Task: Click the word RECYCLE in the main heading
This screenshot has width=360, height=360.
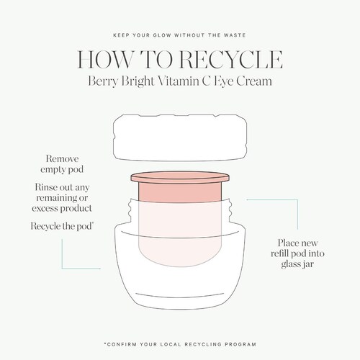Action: (x=231, y=59)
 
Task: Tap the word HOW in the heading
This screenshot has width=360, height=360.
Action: (x=104, y=59)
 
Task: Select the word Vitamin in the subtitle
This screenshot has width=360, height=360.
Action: (x=178, y=81)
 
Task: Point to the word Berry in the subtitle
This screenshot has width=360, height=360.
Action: (x=103, y=81)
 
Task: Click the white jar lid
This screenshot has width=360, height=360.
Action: (x=180, y=138)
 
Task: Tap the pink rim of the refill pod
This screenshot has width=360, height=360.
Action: (x=180, y=177)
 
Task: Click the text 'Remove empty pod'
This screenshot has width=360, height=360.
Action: (x=62, y=164)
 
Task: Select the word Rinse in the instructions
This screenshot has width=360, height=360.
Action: (x=45, y=187)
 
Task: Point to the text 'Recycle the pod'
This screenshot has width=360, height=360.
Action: (x=62, y=226)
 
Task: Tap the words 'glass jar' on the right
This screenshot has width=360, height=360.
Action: (x=297, y=264)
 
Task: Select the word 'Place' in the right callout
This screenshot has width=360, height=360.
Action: (x=288, y=243)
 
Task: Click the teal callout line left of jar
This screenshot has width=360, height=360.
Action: (x=62, y=269)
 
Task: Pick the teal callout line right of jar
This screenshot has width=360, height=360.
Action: (x=297, y=199)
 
